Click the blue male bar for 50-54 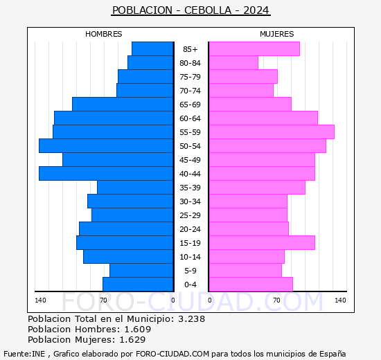coord(106,145)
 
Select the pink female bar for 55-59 coord(271,132)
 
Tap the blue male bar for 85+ coord(152,48)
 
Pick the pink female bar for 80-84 coord(233,62)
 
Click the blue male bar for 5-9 coord(141,270)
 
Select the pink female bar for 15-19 coord(261,242)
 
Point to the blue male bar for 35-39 coord(135,187)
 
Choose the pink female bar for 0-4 coord(250,284)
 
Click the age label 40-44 coord(190,174)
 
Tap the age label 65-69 coord(190,105)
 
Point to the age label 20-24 coord(190,229)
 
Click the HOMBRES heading coord(104,34)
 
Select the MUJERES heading coord(277,34)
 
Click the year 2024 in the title coord(256,10)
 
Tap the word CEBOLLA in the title coord(209,10)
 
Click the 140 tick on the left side coord(40,300)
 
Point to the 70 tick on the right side coord(276,300)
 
